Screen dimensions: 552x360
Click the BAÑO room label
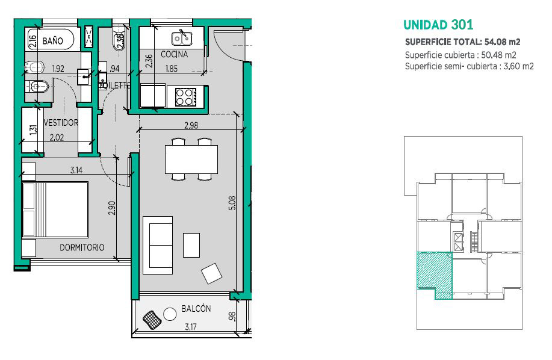[53, 41]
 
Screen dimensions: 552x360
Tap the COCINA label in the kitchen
[174, 54]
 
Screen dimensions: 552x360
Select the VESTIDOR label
[61, 122]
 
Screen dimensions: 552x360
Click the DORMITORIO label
[82, 247]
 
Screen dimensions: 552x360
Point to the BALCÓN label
[196, 309]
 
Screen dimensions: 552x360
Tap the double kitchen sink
[182, 38]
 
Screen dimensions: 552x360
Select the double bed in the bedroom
[55, 209]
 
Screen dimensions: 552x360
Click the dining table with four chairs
[191, 159]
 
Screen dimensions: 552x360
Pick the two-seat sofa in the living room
[158, 245]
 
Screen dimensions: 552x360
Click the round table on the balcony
[170, 314]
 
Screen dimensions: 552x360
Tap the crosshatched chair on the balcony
[152, 320]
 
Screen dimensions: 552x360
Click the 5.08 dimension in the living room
[232, 203]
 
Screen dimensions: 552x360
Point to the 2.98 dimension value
[191, 125]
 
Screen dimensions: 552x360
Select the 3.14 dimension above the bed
[76, 170]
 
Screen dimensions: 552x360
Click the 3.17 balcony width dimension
[191, 327]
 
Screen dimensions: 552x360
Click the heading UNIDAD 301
[438, 25]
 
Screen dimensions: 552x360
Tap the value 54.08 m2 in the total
[503, 42]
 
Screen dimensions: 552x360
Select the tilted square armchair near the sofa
[211, 273]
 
